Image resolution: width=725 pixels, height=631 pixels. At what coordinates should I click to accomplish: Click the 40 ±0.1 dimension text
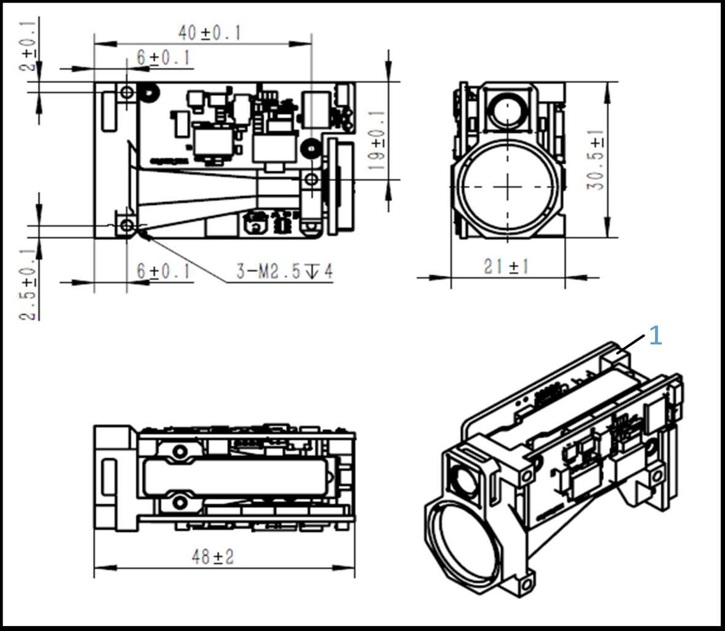click(x=209, y=33)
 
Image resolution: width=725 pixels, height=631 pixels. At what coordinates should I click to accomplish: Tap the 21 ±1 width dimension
click(x=506, y=266)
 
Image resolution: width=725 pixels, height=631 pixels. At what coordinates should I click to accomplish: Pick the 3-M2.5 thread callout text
click(x=285, y=271)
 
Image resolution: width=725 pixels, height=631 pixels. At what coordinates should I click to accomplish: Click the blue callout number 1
click(x=656, y=336)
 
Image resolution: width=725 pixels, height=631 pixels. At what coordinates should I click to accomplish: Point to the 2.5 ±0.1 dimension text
click(x=28, y=284)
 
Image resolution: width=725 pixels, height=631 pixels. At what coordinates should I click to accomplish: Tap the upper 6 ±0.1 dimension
click(x=163, y=58)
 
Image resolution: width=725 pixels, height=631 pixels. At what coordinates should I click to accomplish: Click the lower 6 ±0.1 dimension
click(x=163, y=271)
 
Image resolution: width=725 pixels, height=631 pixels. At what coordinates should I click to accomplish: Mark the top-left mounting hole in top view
click(x=126, y=93)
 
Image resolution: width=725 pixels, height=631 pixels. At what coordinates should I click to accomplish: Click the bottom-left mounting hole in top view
click(x=126, y=226)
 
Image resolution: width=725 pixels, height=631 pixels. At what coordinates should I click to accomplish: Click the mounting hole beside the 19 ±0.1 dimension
click(x=311, y=179)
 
